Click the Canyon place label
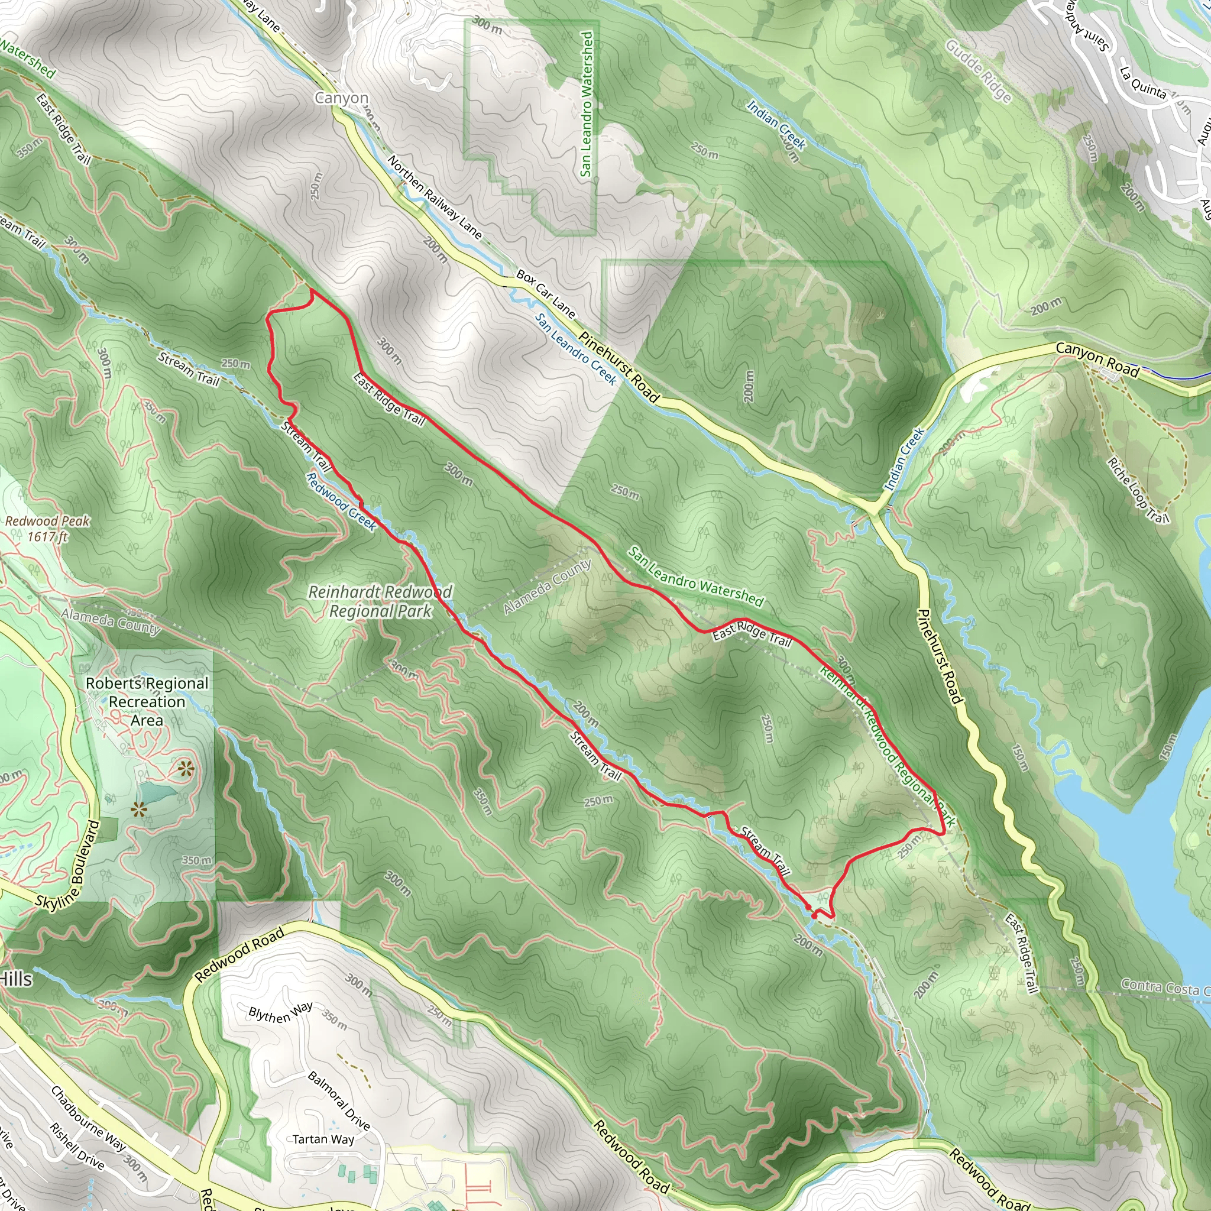pos(341,98)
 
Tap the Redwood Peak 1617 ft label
pos(48,528)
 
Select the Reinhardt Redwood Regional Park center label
pos(380,601)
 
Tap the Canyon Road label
pos(1097,360)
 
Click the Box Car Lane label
pos(545,293)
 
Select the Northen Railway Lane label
pos(435,197)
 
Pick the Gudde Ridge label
pos(978,71)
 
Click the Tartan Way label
pos(323,1139)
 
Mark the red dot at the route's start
pos(814,916)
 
